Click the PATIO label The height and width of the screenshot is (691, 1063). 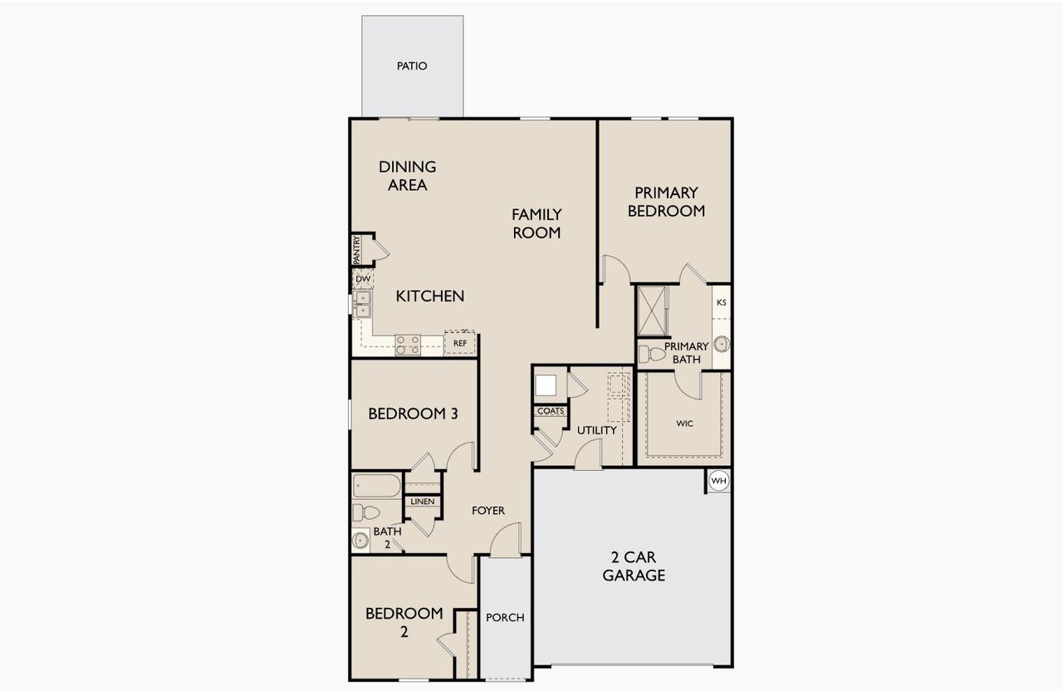pos(412,66)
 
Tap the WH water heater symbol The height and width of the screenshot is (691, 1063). pos(718,481)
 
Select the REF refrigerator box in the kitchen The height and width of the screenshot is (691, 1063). pos(460,342)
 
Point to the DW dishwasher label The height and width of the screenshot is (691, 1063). pos(363,279)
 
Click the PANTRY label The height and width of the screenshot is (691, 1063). pos(356,250)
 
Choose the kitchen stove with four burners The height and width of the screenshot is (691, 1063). pos(407,345)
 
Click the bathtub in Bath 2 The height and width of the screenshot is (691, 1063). pos(377,486)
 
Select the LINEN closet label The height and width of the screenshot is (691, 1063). pos(422,502)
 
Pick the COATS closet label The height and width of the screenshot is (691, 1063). pos(550,411)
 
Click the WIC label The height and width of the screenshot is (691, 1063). pos(684,424)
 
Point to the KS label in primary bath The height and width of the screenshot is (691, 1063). pos(721,302)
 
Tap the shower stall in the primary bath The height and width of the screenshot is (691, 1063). pos(652,311)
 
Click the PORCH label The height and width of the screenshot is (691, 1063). pos(505,617)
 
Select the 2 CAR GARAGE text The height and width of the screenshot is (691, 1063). pos(634,566)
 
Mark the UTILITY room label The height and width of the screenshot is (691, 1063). pos(597,430)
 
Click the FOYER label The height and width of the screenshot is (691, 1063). pos(488,511)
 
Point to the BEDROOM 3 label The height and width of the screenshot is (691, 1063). pos(413,413)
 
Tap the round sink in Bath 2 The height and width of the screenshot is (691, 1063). pos(360,541)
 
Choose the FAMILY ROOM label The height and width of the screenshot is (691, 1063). pos(536,223)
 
